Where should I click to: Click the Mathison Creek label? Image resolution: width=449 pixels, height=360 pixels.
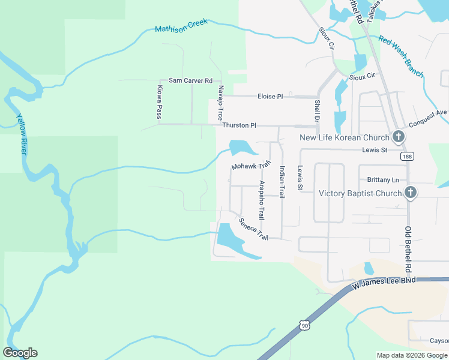click(x=181, y=25)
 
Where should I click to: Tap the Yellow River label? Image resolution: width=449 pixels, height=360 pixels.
click(x=22, y=135)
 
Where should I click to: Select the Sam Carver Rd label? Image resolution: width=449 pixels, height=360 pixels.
click(x=191, y=80)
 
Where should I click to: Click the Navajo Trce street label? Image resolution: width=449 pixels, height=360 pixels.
click(x=220, y=102)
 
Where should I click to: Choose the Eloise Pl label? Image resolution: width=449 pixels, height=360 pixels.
click(x=270, y=96)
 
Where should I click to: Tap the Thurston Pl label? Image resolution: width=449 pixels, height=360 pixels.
click(x=239, y=125)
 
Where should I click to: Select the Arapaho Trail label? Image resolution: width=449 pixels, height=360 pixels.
click(x=261, y=200)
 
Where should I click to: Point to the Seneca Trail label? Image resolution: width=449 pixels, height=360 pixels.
click(x=253, y=229)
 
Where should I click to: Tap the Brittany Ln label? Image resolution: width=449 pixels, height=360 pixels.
click(x=382, y=180)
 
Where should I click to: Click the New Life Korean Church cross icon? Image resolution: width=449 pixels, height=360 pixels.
click(x=398, y=137)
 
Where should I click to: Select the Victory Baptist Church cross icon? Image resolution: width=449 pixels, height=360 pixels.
click(x=410, y=193)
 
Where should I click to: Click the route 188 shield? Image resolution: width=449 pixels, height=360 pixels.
click(x=408, y=156)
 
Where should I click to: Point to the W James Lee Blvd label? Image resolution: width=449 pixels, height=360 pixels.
click(x=384, y=281)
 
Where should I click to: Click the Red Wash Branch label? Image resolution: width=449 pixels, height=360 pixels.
click(x=401, y=57)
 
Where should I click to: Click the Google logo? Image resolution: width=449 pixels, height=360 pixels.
click(x=20, y=353)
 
